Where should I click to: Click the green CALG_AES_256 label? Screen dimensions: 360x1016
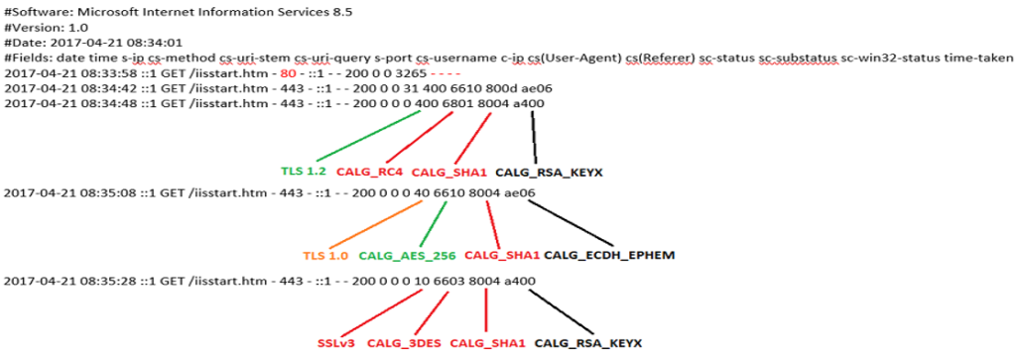(401, 255)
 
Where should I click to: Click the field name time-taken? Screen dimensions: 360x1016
(981, 58)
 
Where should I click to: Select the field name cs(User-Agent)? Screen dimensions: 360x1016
(547, 58)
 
